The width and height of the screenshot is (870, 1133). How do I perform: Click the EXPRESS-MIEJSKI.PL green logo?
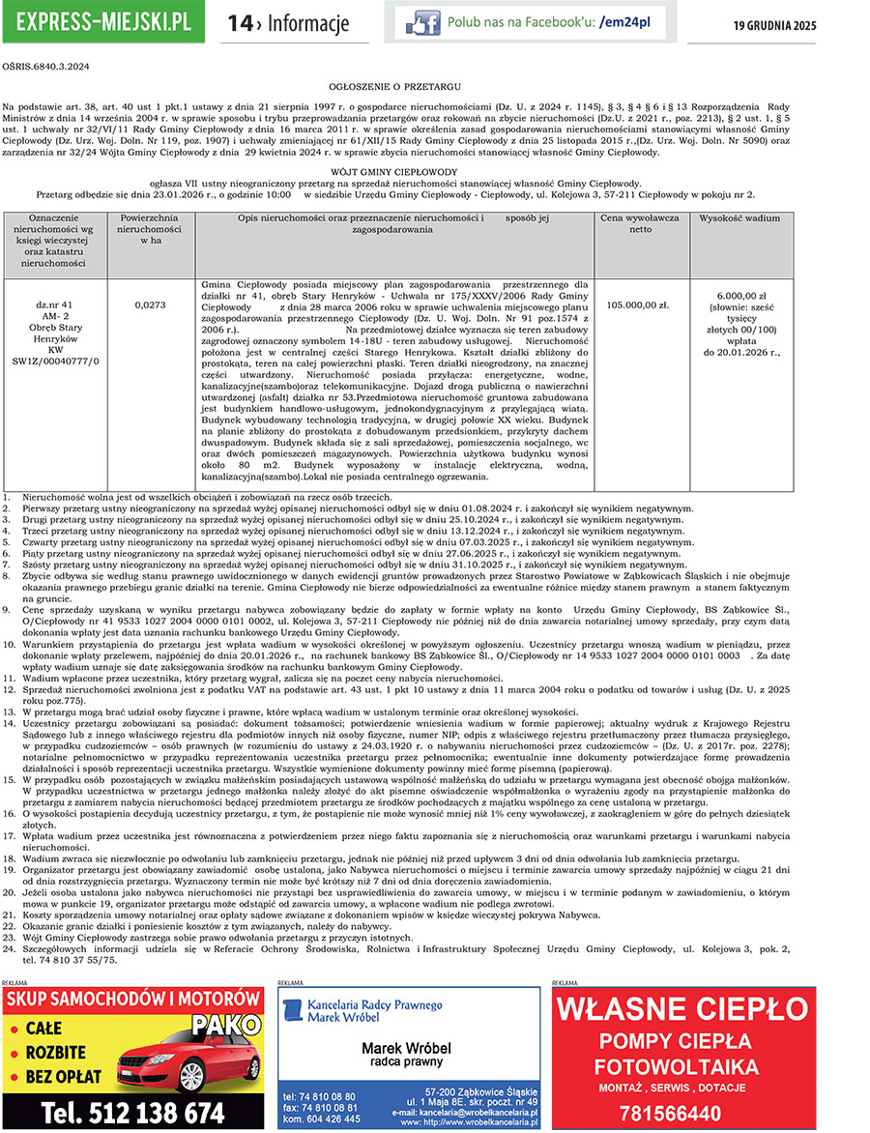click(102, 22)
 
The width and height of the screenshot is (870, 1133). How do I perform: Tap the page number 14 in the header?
click(239, 23)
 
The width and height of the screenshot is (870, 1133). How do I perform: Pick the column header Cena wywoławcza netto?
click(639, 223)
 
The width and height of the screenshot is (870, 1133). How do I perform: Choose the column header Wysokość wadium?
click(739, 218)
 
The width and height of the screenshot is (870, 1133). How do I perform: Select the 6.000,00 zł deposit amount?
click(741, 295)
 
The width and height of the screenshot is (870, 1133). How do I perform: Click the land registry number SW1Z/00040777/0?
click(55, 361)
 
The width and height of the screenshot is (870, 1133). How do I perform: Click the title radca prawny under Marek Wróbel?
click(408, 1061)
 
